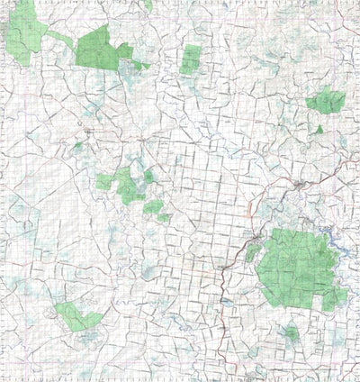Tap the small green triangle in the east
click(x=319, y=130)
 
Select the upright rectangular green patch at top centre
click(x=190, y=59)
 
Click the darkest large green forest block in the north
click(x=98, y=48)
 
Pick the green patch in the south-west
click(x=76, y=316)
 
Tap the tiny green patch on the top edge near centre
click(x=148, y=5)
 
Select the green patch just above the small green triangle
click(x=326, y=102)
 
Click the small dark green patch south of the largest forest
click(x=290, y=334)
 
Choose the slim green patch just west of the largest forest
click(x=253, y=253)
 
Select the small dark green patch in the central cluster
click(x=148, y=177)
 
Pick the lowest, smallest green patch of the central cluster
click(x=164, y=217)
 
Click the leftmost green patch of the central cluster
click(x=104, y=182)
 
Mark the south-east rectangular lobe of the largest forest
click(x=334, y=298)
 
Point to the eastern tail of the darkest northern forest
click(x=142, y=65)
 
